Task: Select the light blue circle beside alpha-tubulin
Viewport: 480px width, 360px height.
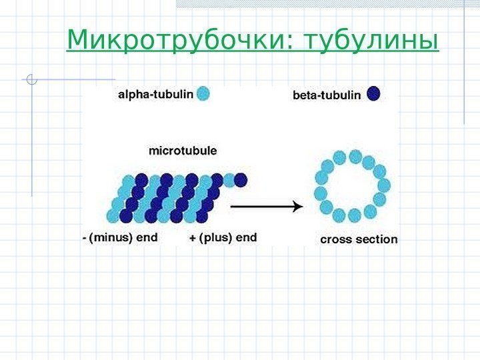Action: tap(203, 94)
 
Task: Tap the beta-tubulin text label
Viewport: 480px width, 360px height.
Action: tap(326, 95)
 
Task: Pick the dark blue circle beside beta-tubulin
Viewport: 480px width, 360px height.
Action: tap(373, 94)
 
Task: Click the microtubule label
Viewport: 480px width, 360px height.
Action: tap(182, 151)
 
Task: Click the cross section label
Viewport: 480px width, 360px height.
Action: tap(359, 239)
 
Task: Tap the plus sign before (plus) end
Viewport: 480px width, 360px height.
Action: tap(193, 238)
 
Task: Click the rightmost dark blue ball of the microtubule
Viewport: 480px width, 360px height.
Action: tap(241, 180)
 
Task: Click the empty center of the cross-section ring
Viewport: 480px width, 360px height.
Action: tap(351, 187)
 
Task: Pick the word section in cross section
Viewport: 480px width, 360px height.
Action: tap(377, 239)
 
